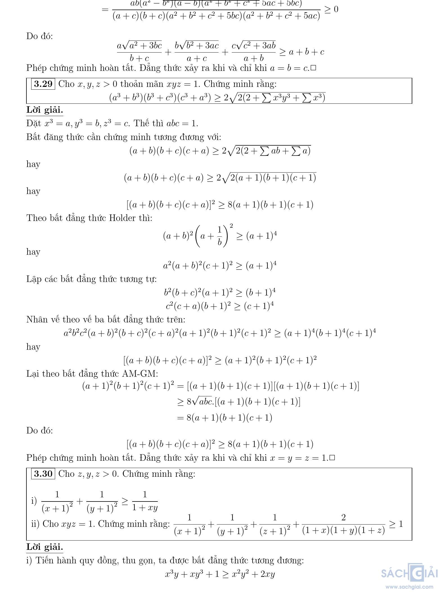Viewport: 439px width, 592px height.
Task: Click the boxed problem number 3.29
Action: (x=43, y=84)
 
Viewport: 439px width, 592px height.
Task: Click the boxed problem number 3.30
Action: (x=43, y=474)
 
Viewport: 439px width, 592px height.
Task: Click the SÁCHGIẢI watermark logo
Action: (x=409, y=573)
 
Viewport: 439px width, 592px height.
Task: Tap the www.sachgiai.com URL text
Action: (x=409, y=587)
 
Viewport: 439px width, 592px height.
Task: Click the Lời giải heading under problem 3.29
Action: (x=44, y=110)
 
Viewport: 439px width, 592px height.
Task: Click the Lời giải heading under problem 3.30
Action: (x=44, y=547)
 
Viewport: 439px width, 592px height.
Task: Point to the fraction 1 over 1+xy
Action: (x=145, y=501)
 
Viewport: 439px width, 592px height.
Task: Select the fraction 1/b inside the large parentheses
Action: (x=220, y=236)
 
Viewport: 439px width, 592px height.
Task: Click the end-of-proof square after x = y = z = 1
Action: (x=332, y=458)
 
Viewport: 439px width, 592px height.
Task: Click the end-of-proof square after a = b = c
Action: (x=314, y=68)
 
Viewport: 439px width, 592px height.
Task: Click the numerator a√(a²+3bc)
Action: (x=139, y=45)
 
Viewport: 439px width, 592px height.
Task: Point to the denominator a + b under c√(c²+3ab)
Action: (x=254, y=58)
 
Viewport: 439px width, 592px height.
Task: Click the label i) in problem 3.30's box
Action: (x=34, y=501)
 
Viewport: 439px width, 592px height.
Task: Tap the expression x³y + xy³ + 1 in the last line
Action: (x=192, y=574)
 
